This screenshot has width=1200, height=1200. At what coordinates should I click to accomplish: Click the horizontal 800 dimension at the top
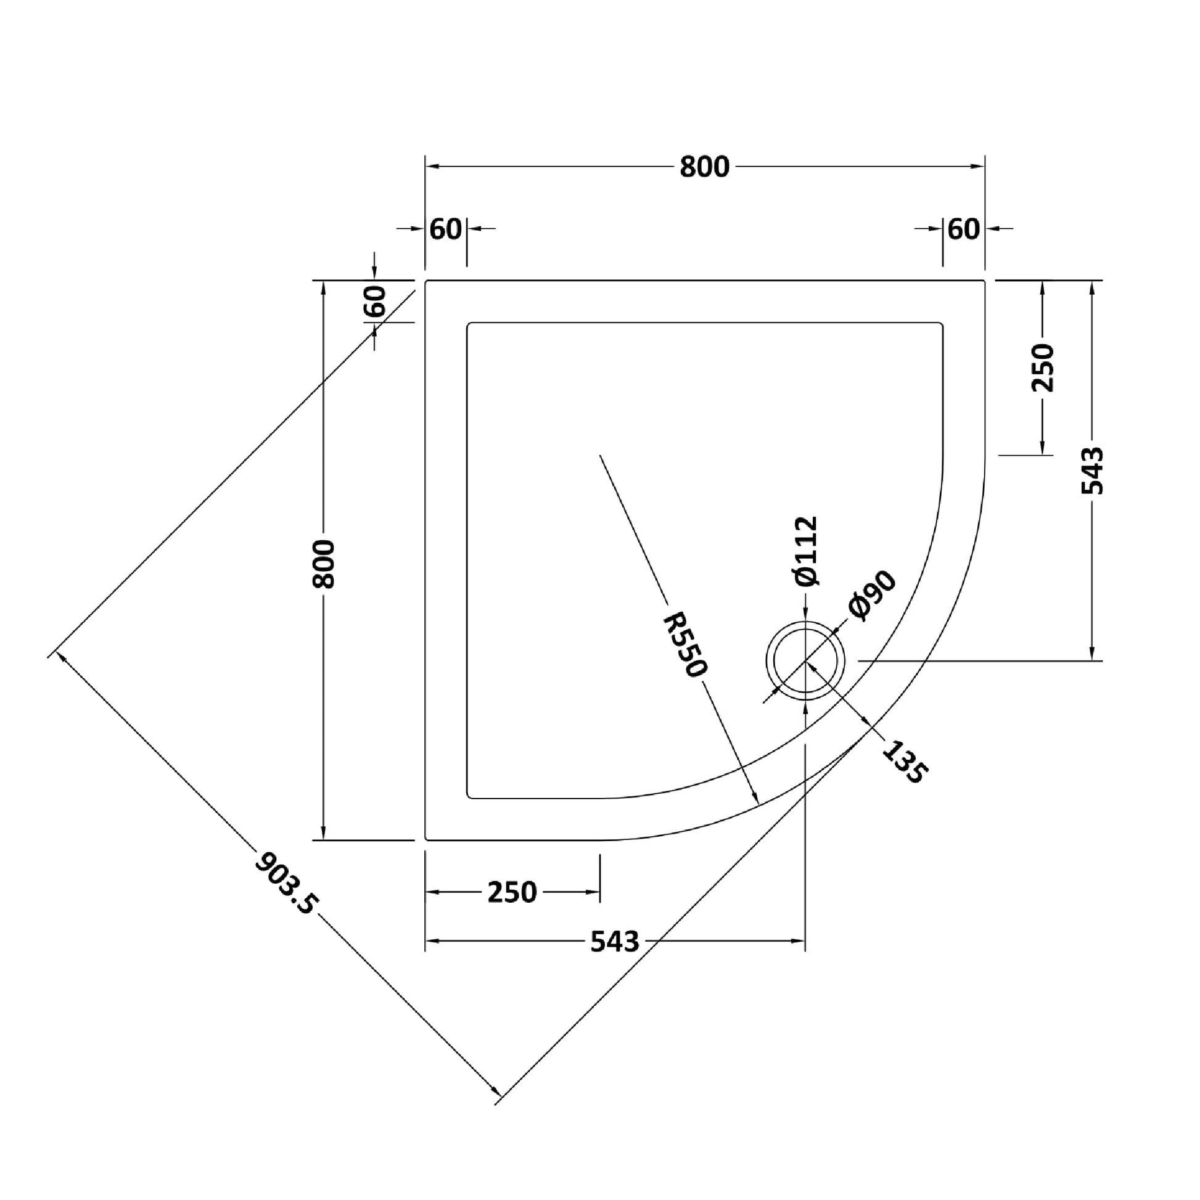tap(704, 167)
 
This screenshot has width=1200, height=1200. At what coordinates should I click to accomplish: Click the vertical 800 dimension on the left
tap(324, 564)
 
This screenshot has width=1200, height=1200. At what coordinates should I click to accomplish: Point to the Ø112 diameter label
tap(807, 551)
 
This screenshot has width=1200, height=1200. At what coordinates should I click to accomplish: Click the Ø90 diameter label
tap(872, 595)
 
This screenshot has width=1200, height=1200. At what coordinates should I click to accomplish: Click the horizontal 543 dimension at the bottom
tap(614, 942)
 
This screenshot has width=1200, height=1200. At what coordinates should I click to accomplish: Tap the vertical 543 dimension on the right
tap(1093, 471)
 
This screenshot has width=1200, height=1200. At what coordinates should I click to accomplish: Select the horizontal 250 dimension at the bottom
tap(512, 892)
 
